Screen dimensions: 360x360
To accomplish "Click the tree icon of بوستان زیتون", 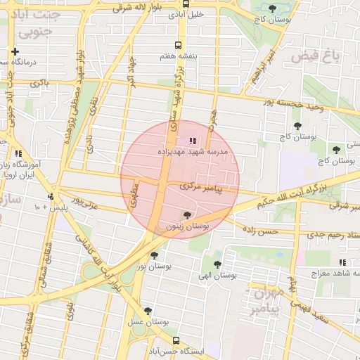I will point(186,214).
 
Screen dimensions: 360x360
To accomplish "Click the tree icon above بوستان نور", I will point(154,255).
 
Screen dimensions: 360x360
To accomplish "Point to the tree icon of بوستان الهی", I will point(217,264).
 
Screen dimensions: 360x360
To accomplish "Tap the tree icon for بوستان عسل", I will point(148,311).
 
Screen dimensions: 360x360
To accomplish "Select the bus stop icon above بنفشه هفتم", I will point(181,44).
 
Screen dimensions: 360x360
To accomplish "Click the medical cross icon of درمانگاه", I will point(15,51).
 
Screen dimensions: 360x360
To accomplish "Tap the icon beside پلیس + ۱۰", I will point(51,196).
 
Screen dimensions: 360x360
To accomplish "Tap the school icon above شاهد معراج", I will point(342,262).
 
